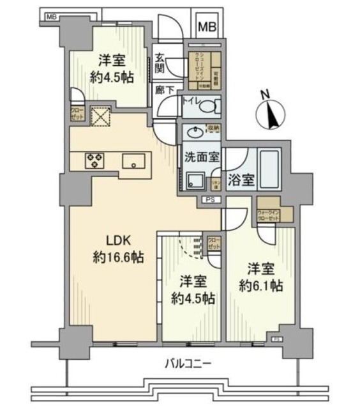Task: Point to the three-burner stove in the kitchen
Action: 95,160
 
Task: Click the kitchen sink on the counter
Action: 135,160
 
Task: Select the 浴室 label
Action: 242,180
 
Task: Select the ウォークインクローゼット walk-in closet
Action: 268,214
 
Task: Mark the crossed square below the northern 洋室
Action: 100,117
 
